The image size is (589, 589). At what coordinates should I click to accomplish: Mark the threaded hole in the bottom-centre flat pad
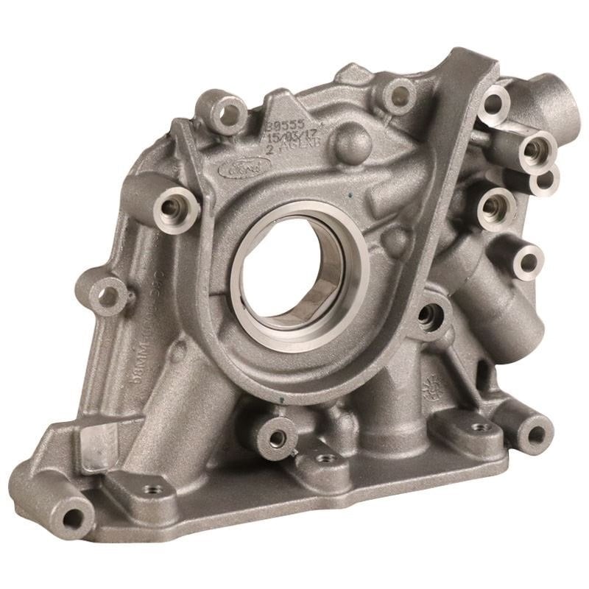[x=320, y=458]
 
